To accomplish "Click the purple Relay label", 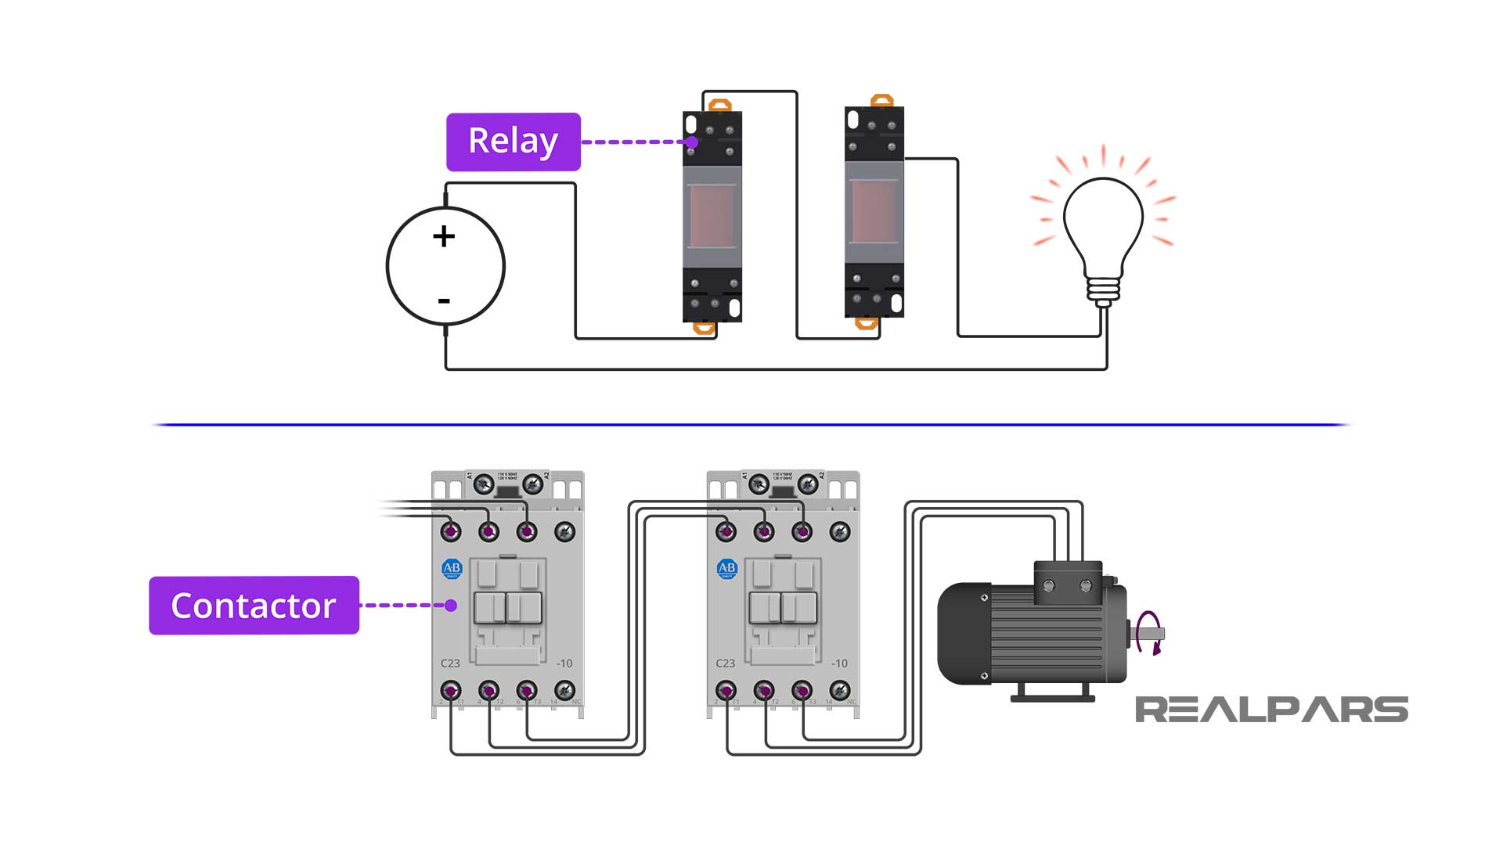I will point(513,142).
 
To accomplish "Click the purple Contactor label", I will point(254,606).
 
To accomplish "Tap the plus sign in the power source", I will point(444,236).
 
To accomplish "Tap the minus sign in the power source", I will point(444,300).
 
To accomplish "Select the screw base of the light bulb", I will point(1103,290).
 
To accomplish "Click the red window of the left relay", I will point(712,216).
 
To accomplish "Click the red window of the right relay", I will point(874,211).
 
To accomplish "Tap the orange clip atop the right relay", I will point(882,101).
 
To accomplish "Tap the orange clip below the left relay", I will point(705,329).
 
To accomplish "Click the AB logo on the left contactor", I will point(452,568).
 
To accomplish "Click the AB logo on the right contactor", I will point(727,568).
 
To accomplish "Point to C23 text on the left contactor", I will point(450,663).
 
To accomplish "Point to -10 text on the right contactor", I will point(839,663).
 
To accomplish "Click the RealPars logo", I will point(1271,710).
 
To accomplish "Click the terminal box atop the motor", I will point(1068,584).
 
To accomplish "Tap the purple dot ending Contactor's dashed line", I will point(451,605).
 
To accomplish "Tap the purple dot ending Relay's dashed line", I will point(692,142).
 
